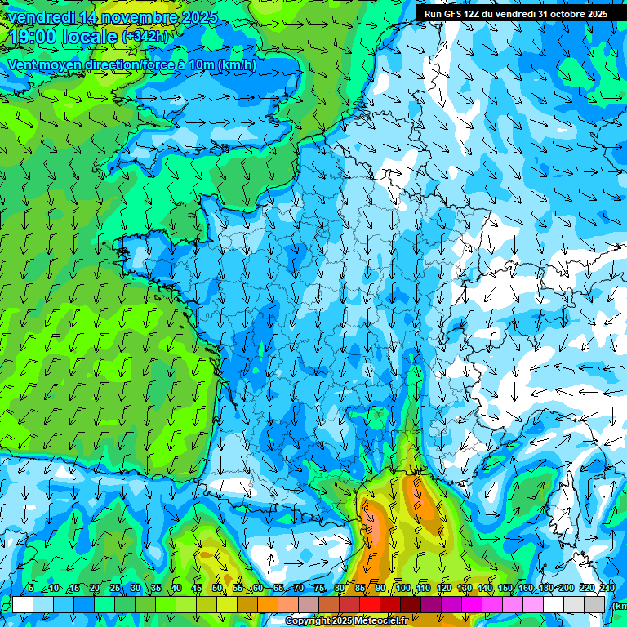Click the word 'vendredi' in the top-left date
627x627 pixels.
40,17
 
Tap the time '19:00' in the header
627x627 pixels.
34,38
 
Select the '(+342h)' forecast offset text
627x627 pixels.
145,38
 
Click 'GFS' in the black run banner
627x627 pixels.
456,14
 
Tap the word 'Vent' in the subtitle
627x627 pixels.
24,65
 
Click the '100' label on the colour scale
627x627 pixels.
403,589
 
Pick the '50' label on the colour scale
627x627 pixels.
217,589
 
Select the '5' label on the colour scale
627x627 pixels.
31,589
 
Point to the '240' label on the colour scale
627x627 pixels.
607,589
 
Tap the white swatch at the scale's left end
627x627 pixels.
23,604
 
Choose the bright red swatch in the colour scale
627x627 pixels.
370,604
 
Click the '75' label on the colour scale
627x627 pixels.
319,589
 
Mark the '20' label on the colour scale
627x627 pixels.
95,589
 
